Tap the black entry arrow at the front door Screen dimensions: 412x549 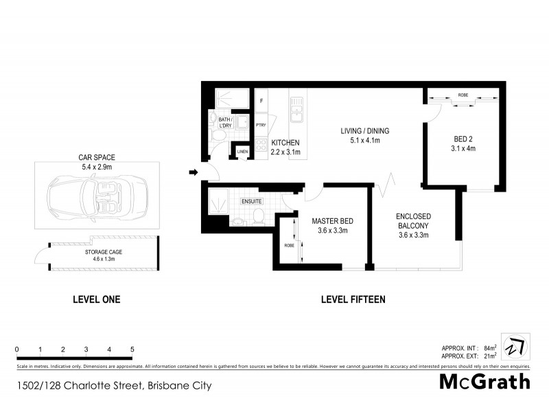pos(194,172)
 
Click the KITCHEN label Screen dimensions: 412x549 pos(285,142)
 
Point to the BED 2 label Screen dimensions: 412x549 pos(463,137)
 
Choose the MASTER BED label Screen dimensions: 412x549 pos(332,220)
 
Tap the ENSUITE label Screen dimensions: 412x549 pos(250,201)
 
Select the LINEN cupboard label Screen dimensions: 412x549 pos(242,152)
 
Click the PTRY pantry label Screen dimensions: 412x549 pos(261,125)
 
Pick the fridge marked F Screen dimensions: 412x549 pos(261,101)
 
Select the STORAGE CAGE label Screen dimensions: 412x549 pos(100,251)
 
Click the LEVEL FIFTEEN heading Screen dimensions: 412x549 pos(353,299)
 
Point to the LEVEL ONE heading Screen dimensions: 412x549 pos(97,299)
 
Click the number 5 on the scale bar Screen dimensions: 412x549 pos(132,350)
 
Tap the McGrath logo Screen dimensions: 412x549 pos(484,382)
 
